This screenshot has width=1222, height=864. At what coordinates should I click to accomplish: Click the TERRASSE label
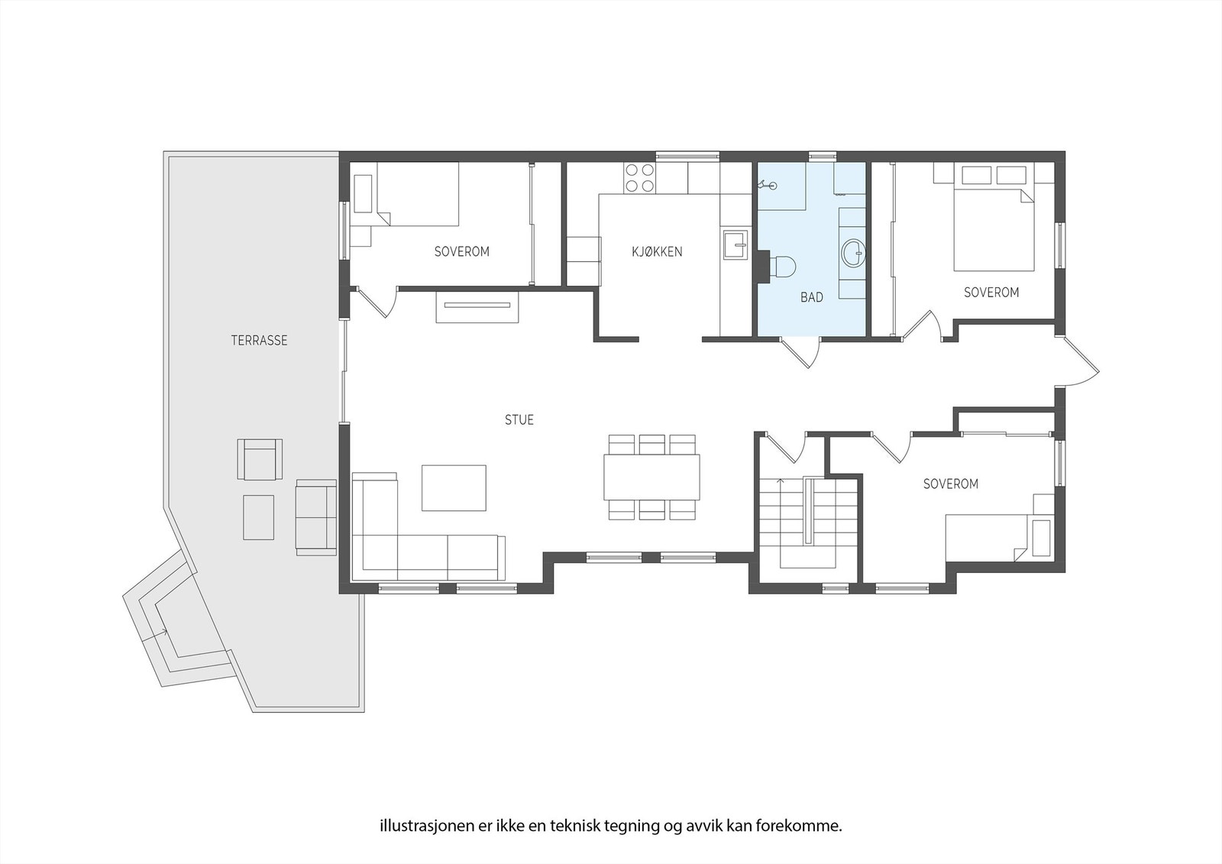[259, 341]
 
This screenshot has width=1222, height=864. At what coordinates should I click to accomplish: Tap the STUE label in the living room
[519, 419]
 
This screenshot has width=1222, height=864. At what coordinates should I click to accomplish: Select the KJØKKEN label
[656, 251]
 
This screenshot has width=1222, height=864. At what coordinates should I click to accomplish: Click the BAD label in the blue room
[811, 297]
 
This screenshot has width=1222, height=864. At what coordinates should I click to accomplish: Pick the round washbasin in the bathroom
[853, 251]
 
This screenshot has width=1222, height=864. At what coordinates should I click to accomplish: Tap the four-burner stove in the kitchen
[639, 178]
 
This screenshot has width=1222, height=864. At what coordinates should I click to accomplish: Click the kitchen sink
[735, 246]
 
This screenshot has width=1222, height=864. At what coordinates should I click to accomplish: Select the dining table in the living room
[651, 477]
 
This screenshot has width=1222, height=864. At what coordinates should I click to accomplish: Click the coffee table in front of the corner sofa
[454, 487]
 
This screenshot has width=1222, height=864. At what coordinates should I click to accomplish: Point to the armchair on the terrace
[260, 459]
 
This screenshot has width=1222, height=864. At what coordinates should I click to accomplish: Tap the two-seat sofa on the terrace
[315, 517]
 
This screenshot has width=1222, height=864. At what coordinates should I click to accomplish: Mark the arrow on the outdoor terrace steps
[162, 632]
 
